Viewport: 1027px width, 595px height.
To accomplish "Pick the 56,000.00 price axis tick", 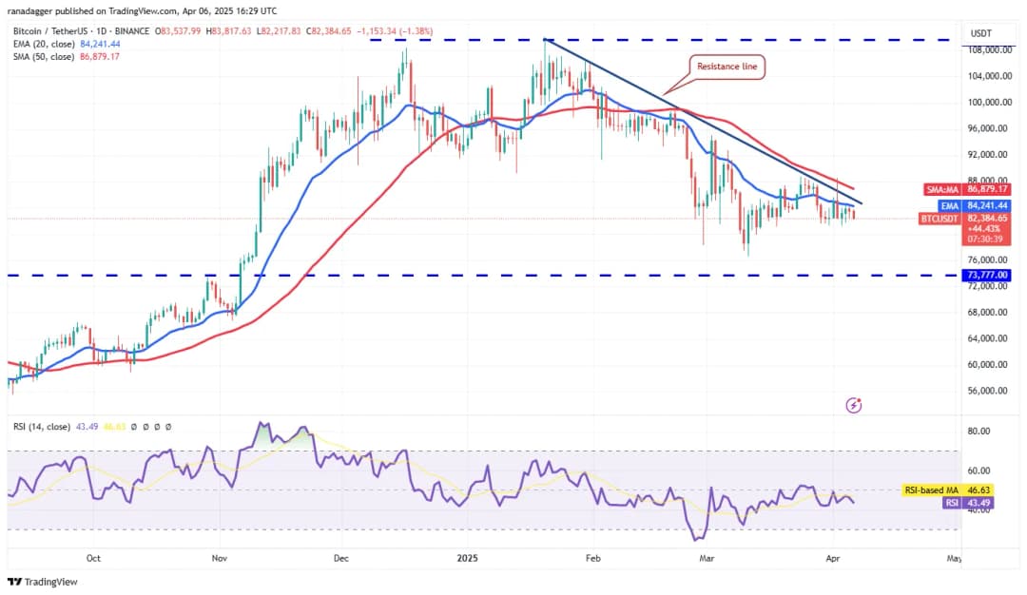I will [x=988, y=391].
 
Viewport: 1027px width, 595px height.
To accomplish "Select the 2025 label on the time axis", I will [x=466, y=560].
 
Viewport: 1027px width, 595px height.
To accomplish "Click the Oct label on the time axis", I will [x=93, y=560].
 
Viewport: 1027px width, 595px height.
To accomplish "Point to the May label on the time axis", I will [x=954, y=560].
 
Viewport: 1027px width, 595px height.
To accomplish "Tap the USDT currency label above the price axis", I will [x=980, y=33].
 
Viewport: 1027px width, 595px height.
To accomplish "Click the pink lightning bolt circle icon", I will [x=854, y=406].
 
